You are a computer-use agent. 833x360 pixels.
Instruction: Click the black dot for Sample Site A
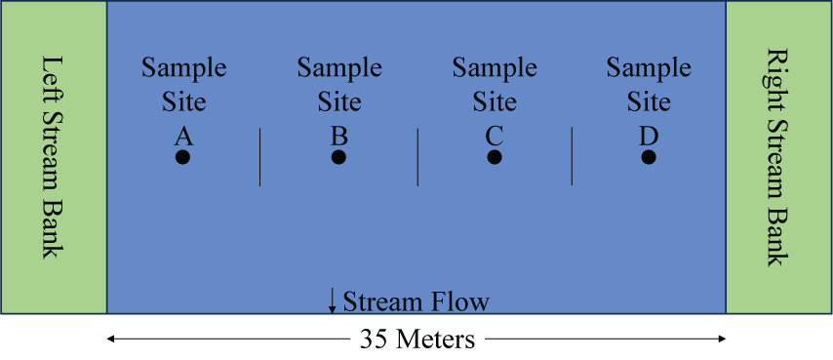[182, 157]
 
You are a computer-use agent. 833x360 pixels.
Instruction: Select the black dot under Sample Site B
[338, 157]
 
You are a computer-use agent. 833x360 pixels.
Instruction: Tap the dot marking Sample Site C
[495, 157]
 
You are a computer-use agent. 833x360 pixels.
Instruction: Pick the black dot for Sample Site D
[649, 157]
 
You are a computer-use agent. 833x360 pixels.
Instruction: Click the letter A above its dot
[183, 137]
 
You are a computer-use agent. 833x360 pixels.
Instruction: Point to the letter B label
[339, 137]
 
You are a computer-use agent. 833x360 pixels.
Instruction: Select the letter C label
[495, 137]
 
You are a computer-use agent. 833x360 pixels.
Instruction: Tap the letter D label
[649, 137]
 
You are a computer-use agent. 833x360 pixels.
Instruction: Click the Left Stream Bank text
[53, 156]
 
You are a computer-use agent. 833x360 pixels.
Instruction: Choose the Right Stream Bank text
[778, 156]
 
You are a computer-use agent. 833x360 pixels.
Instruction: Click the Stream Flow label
[416, 301]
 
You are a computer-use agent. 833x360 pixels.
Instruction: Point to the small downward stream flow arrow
[332, 301]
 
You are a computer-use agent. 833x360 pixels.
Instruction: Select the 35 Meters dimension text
[417, 340]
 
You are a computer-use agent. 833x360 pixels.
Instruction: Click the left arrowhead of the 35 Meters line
[111, 340]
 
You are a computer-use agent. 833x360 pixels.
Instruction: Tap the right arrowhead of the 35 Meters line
[722, 340]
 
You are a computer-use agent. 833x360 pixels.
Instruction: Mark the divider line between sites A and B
[260, 156]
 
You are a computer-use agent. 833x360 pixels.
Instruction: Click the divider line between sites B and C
[417, 156]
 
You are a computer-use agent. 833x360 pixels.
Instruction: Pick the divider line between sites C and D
[572, 156]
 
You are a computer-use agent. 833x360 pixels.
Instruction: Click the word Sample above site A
[183, 68]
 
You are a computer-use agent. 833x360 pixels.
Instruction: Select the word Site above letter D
[649, 101]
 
